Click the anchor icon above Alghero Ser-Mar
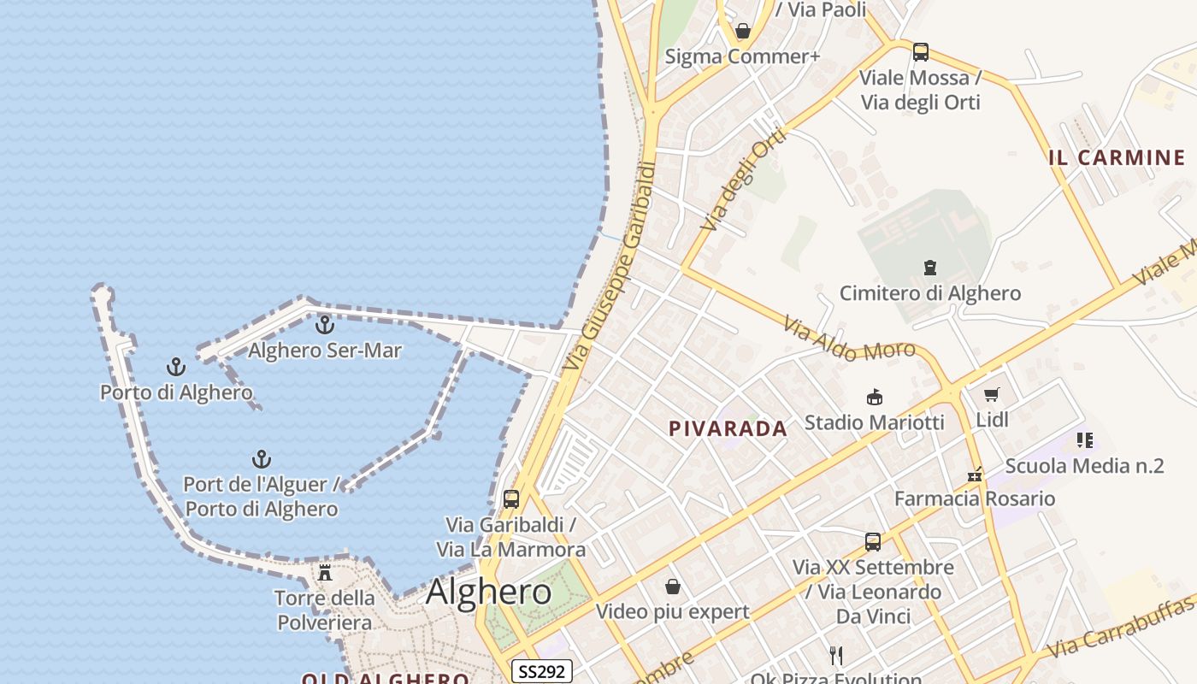point(324,325)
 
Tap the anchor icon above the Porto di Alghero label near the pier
point(175,368)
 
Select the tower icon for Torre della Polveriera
point(325,572)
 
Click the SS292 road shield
point(542,671)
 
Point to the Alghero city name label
point(488,592)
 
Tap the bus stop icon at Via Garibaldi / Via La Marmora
point(511,498)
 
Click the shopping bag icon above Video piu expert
point(673,587)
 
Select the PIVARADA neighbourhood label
point(728,429)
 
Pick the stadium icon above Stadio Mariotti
point(874,397)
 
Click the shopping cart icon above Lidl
point(992,394)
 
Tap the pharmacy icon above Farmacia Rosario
point(974,473)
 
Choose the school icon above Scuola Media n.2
point(1085,440)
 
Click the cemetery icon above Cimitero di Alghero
point(929,268)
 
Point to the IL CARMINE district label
point(1117,157)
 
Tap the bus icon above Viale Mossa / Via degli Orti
point(920,52)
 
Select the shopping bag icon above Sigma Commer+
point(743,32)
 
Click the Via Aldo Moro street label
point(849,339)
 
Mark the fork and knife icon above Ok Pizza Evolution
point(836,656)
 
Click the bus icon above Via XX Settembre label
point(872,541)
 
